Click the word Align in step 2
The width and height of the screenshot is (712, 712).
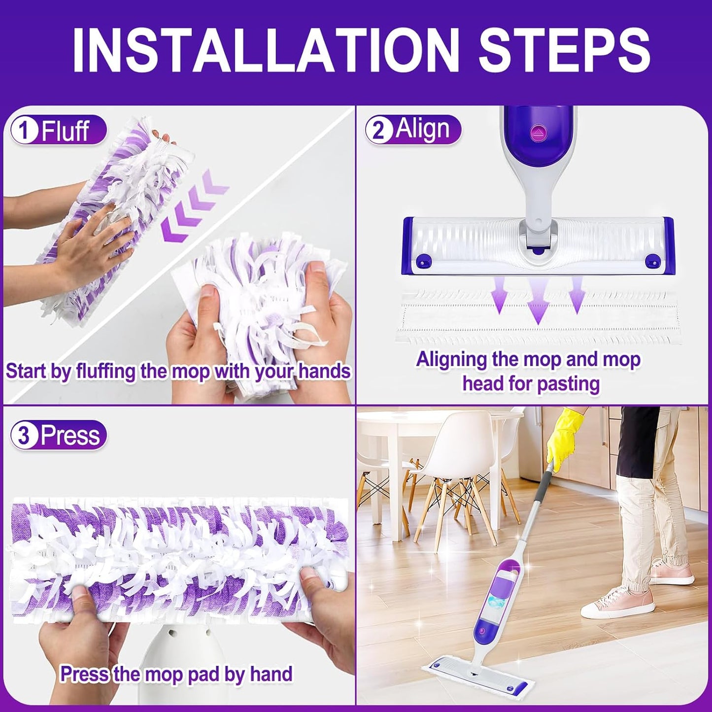[422, 130]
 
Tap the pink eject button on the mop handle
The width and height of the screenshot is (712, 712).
[536, 132]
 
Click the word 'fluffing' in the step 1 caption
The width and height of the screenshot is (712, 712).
[105, 371]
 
